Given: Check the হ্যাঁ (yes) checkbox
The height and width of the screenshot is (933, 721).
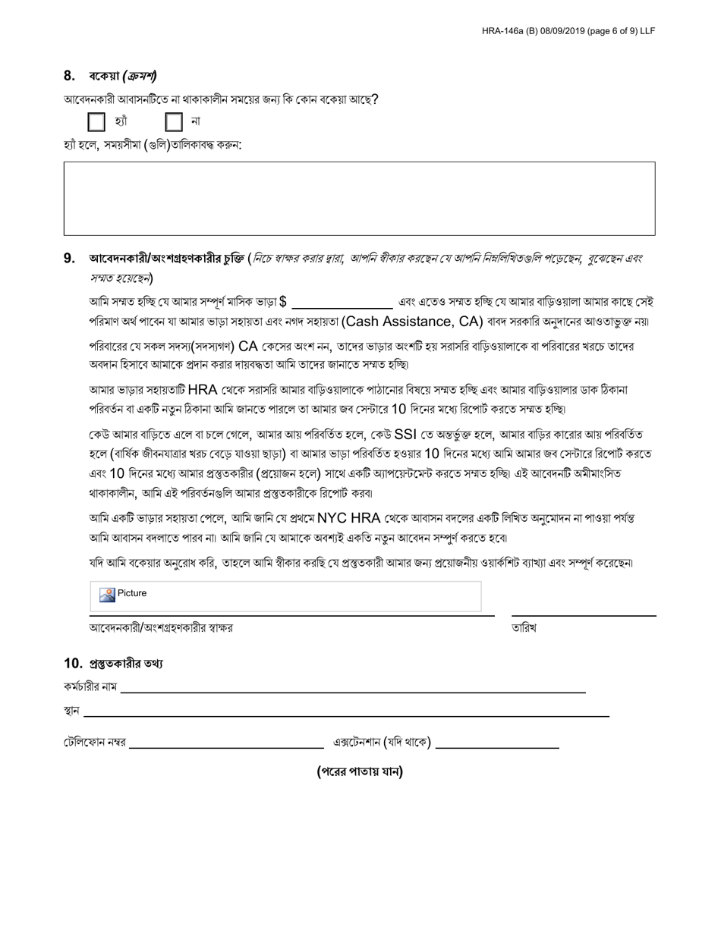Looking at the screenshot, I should [96, 121].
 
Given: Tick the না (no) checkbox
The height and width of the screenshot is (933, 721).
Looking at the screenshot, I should [174, 121].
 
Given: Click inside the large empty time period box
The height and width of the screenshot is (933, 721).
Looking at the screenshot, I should [359, 198].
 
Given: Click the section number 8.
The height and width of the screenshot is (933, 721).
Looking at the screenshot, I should [69, 76].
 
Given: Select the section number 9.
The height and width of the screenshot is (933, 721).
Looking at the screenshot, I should [69, 259].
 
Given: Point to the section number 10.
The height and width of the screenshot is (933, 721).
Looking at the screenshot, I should [73, 664].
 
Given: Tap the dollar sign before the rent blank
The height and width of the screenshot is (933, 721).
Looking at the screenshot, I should [282, 301].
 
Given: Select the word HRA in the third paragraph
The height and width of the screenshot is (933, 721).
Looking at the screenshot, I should [203, 390].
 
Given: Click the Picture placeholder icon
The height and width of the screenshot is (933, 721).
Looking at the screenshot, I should [107, 595].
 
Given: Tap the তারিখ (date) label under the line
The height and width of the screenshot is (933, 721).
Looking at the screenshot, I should [524, 628].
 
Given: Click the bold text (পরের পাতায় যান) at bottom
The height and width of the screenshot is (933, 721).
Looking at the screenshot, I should [360, 772].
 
